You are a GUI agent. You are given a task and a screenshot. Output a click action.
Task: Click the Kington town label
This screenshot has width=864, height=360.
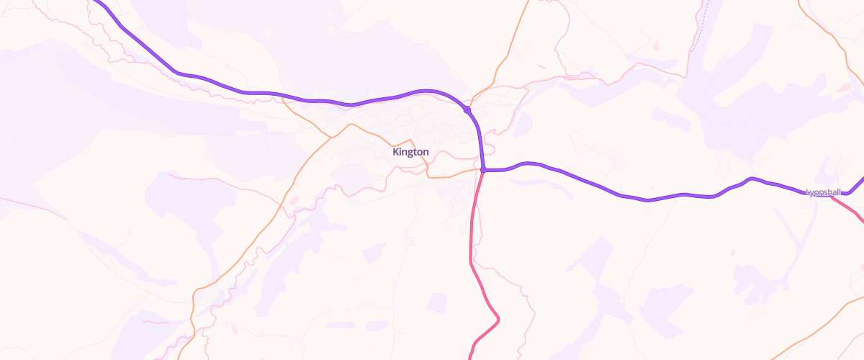410,152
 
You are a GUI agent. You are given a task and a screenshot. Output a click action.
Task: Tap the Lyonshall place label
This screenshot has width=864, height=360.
823,192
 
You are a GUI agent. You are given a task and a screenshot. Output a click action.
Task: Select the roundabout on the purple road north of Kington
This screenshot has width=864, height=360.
467,109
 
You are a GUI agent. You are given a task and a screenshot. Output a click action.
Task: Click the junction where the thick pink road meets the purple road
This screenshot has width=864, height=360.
484,170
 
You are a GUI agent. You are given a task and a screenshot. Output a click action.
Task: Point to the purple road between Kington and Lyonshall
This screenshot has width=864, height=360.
648,199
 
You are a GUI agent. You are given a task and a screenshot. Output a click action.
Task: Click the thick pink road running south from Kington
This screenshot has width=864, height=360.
471,238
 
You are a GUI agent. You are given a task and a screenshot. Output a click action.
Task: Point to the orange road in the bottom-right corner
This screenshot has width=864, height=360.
821,331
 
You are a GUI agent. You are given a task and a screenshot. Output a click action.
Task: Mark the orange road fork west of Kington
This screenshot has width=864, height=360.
330,135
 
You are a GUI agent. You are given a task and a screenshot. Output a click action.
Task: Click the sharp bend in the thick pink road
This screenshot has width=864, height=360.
498,318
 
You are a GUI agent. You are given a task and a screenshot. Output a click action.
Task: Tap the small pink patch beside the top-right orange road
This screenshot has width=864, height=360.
844,88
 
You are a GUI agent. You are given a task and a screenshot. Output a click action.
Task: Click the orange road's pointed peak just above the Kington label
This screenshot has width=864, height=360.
411,139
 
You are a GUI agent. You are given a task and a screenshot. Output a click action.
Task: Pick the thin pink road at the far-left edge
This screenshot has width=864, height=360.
29,205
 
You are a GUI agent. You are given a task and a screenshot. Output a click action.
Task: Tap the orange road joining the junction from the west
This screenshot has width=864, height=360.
454,174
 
